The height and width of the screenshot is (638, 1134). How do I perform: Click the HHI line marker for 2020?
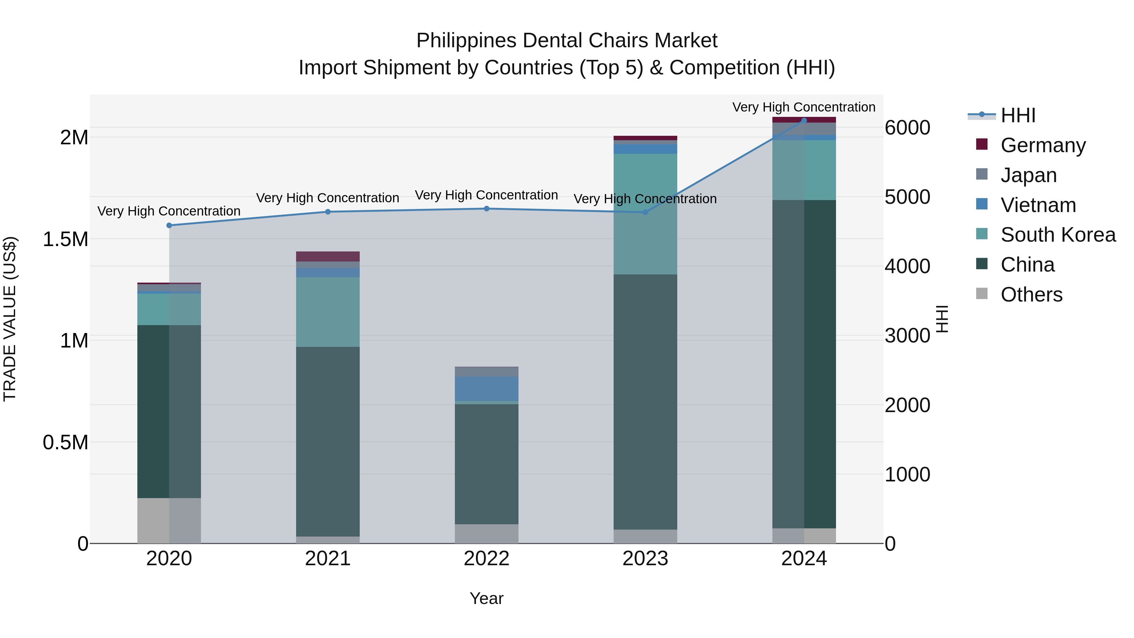coord(169,226)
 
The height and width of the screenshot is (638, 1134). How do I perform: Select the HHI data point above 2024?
coord(804,120)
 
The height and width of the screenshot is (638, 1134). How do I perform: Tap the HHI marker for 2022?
coord(486,209)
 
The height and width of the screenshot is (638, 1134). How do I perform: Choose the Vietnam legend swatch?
coord(982,204)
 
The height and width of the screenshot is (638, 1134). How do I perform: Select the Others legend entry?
coord(1031,295)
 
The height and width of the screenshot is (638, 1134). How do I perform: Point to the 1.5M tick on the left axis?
coord(65,239)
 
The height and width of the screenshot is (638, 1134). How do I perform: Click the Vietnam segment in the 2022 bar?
coord(486,388)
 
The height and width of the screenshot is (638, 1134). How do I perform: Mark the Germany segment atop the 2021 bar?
coord(328,256)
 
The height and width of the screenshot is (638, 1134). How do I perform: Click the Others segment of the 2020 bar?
coord(169,520)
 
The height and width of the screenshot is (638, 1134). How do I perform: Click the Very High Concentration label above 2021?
coord(328,198)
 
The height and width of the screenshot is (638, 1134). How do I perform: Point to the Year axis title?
coord(486,598)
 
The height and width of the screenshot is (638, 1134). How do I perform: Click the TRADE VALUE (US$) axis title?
coord(10,319)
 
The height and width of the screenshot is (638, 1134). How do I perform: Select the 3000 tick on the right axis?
coord(907,336)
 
